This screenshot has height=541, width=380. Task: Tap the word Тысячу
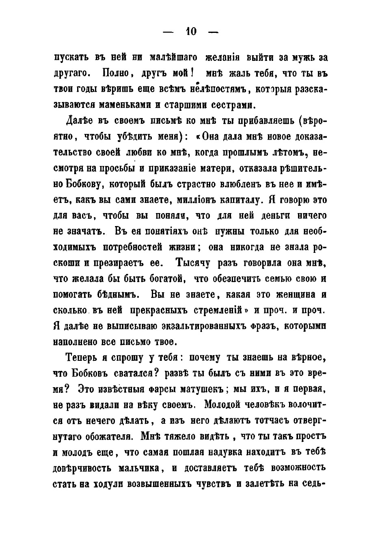192,263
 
